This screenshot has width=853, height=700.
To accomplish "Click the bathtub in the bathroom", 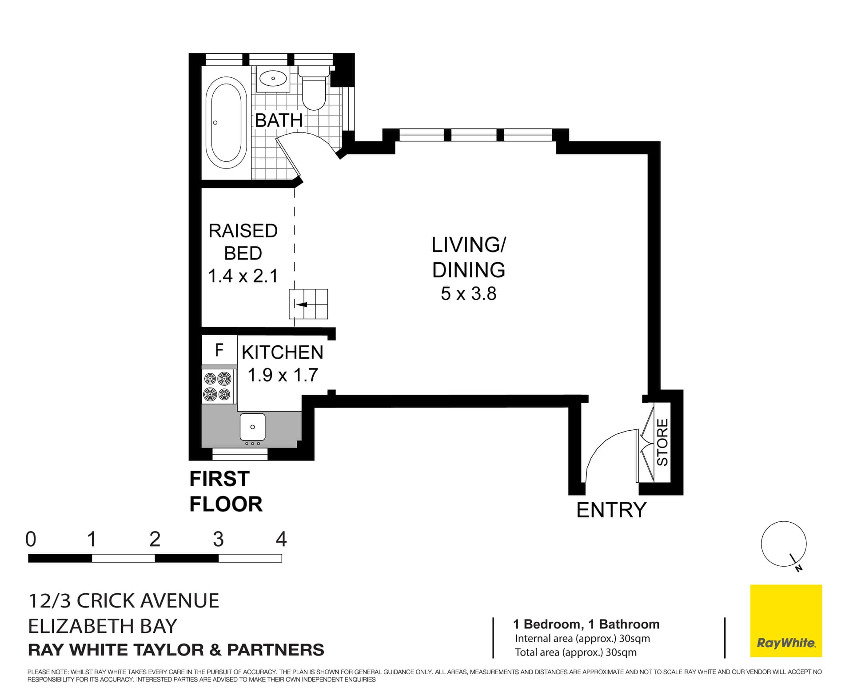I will pyautogui.click(x=226, y=123).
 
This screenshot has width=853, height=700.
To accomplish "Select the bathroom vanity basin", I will pyautogui.click(x=273, y=79).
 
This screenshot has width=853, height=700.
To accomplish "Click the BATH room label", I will pyautogui.click(x=279, y=120).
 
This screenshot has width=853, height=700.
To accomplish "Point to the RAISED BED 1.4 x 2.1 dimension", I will pyautogui.click(x=243, y=276).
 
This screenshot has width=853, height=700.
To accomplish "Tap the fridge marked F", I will pyautogui.click(x=219, y=350).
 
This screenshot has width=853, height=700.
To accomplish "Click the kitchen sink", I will pyautogui.click(x=252, y=427).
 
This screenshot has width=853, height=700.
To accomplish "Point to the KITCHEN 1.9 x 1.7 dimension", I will pyautogui.click(x=283, y=375).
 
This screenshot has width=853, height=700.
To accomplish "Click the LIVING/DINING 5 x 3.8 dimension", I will pyautogui.click(x=468, y=294).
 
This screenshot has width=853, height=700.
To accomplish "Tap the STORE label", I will pyautogui.click(x=662, y=442).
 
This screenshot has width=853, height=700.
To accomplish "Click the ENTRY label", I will pyautogui.click(x=611, y=510).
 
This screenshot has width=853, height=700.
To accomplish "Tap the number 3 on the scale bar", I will pyautogui.click(x=218, y=539).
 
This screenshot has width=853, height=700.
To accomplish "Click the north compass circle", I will pyautogui.click(x=783, y=544).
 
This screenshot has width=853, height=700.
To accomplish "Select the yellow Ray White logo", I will pyautogui.click(x=785, y=620).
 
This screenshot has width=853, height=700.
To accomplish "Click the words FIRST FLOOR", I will pyautogui.click(x=226, y=492).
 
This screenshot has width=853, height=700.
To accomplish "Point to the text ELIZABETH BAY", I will pyautogui.click(x=103, y=626).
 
